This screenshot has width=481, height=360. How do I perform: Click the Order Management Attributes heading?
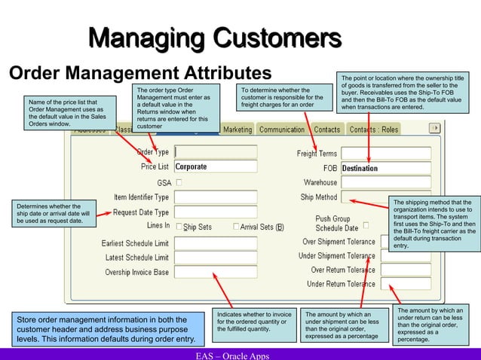139,73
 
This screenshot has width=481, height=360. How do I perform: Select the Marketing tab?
237,130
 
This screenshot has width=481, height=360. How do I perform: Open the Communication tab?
281,130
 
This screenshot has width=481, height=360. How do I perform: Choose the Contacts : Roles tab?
374,130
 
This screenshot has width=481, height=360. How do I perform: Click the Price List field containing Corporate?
215,166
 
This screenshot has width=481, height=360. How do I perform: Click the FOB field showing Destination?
385,168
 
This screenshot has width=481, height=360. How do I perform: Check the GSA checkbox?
179,182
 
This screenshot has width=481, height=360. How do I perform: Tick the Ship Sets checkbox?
179,227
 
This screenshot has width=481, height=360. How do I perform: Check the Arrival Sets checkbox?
236,227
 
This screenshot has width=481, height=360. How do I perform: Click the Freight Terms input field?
385,153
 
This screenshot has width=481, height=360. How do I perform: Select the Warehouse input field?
385,182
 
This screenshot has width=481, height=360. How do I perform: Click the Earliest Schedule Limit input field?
215,243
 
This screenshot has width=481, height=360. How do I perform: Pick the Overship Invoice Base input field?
215,272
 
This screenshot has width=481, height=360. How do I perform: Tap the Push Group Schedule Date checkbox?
366,225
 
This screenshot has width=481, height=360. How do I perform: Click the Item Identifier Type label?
141,197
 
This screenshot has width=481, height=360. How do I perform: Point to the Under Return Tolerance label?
340,284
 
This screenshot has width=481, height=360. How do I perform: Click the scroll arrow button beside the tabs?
434,129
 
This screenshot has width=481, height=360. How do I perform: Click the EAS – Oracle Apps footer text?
231,355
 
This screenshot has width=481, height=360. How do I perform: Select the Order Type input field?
215,151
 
